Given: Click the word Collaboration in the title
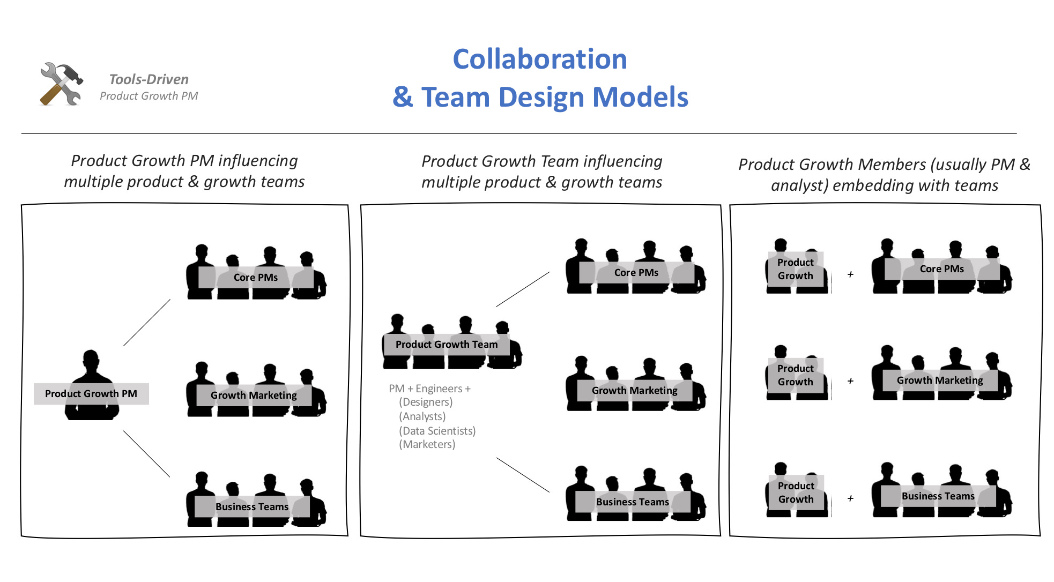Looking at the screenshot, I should [x=539, y=59].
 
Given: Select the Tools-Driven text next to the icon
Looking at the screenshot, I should [x=149, y=79].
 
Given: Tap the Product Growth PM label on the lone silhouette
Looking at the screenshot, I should [x=91, y=394].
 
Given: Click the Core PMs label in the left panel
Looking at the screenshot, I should [x=256, y=278].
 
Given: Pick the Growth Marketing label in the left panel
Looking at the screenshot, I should [x=254, y=396].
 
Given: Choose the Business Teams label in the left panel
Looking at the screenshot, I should [x=252, y=507].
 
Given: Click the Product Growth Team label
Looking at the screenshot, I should [x=447, y=345].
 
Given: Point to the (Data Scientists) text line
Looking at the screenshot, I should [x=437, y=431].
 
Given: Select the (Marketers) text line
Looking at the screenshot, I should [x=427, y=444].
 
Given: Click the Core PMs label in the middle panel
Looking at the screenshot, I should [x=636, y=273].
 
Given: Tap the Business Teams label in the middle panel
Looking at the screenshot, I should [x=633, y=502].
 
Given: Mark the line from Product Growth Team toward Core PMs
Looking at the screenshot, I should [x=523, y=289].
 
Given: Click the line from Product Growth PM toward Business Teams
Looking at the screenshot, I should [x=146, y=454].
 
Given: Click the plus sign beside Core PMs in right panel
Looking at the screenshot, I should [x=850, y=274].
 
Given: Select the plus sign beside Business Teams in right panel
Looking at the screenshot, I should [x=850, y=498].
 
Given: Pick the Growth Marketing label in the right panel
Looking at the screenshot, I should [x=940, y=380].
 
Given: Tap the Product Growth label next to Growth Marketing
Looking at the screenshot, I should [x=796, y=375].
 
